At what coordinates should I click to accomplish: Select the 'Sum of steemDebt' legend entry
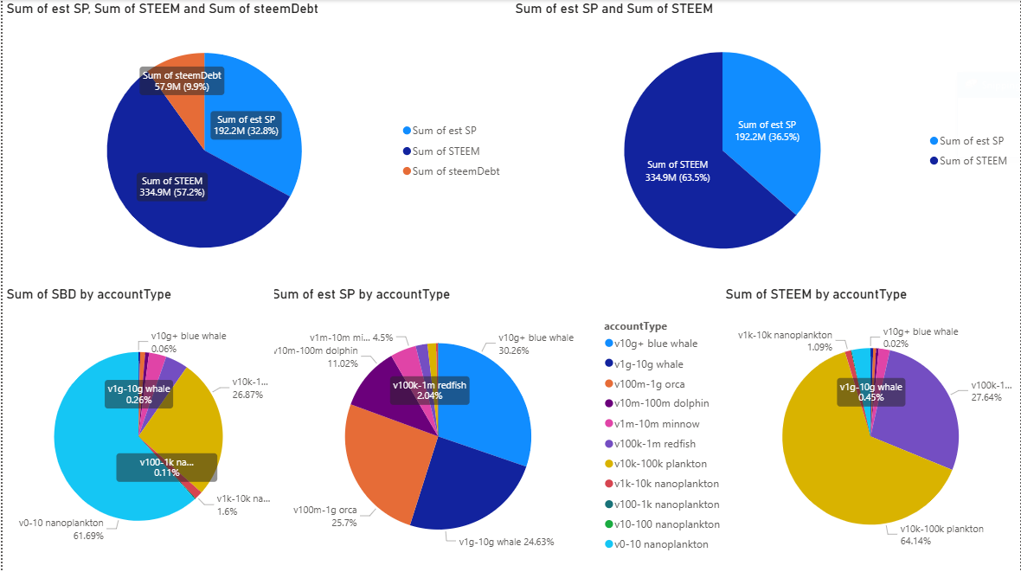click(x=455, y=171)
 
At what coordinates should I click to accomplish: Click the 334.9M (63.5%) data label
click(x=677, y=171)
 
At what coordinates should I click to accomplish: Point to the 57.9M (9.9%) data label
click(x=182, y=81)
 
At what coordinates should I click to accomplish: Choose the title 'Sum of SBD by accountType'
click(x=88, y=294)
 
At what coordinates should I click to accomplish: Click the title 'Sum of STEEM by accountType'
click(x=815, y=294)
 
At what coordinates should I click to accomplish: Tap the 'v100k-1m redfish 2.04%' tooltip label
click(x=430, y=390)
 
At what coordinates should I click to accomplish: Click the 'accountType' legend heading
click(x=635, y=326)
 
